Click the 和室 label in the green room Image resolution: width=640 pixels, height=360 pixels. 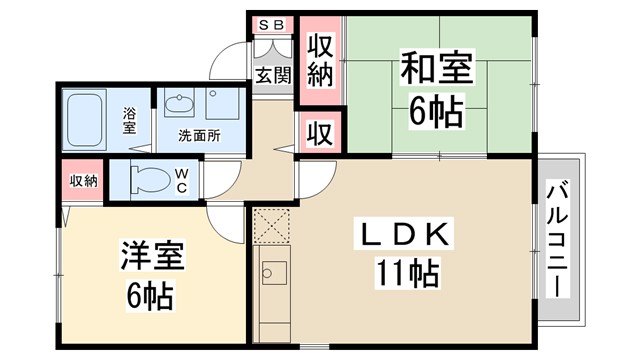[x=438, y=73]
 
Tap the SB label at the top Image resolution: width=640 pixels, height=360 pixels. [x=271, y=24]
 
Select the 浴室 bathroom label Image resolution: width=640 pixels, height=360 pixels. [x=130, y=115]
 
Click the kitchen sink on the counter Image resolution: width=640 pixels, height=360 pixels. [x=273, y=273]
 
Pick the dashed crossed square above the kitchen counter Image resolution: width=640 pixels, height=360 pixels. [x=271, y=226]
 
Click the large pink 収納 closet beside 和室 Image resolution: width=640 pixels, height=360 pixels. [x=320, y=59]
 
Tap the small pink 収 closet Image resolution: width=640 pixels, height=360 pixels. [x=320, y=131]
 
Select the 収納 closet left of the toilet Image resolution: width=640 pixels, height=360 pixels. [x=84, y=181]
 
